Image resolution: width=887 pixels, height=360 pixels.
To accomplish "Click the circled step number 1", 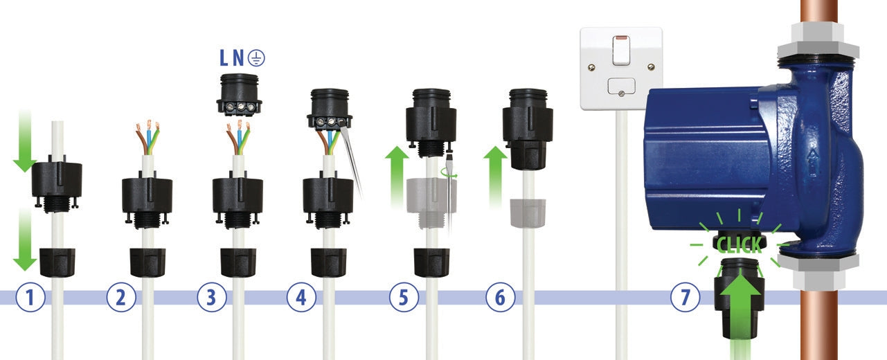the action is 30,297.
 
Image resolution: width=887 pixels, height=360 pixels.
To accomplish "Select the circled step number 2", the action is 121,297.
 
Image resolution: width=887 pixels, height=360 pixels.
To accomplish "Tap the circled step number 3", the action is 212,297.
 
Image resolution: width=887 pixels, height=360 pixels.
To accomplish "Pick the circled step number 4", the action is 301,297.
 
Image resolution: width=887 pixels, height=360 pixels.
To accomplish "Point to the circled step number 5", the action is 404,297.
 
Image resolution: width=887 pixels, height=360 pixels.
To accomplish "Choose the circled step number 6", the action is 501,297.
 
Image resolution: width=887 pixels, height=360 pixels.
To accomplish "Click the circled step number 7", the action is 686,297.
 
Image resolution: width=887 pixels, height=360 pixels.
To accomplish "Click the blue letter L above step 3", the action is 224,58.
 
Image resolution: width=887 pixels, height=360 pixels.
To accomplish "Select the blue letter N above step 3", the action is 238,58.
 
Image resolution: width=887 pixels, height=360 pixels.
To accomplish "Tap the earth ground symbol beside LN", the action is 257,58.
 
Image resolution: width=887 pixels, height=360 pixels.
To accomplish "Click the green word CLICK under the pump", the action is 739,245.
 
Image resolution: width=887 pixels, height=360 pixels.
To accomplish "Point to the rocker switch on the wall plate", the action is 621,51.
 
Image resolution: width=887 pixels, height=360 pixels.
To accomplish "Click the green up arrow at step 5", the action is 397,177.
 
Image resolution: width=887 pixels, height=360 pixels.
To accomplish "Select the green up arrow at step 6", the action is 495,177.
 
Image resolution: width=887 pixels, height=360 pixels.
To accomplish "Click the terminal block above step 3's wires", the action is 239,95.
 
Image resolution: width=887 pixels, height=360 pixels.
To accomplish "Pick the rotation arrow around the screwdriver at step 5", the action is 449,173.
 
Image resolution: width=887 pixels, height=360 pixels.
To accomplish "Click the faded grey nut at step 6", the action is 528,213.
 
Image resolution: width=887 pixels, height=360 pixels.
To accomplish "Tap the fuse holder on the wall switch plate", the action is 621,87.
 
